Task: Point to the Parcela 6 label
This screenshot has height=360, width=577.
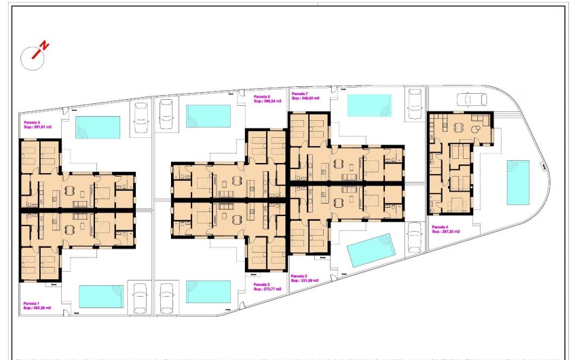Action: click(x=267, y=99)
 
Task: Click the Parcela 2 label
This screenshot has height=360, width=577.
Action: click(x=267, y=287)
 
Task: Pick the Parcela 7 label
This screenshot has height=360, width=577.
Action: click(x=304, y=96)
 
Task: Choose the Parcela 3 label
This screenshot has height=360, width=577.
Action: click(x=305, y=278)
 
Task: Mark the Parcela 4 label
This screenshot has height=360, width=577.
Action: click(x=445, y=230)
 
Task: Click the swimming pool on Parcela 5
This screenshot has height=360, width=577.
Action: click(x=98, y=127)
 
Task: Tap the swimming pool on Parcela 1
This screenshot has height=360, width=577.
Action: click(x=101, y=296)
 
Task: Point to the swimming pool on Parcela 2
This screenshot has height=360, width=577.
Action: click(x=208, y=292)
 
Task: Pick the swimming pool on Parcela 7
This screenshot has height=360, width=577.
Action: click(x=369, y=105)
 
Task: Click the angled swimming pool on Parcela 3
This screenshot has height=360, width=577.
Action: click(x=371, y=250)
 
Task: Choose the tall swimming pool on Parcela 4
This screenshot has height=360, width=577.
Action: click(x=518, y=183)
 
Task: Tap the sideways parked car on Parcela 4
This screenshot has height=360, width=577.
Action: click(x=472, y=99)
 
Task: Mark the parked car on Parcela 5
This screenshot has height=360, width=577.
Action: click(x=142, y=113)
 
